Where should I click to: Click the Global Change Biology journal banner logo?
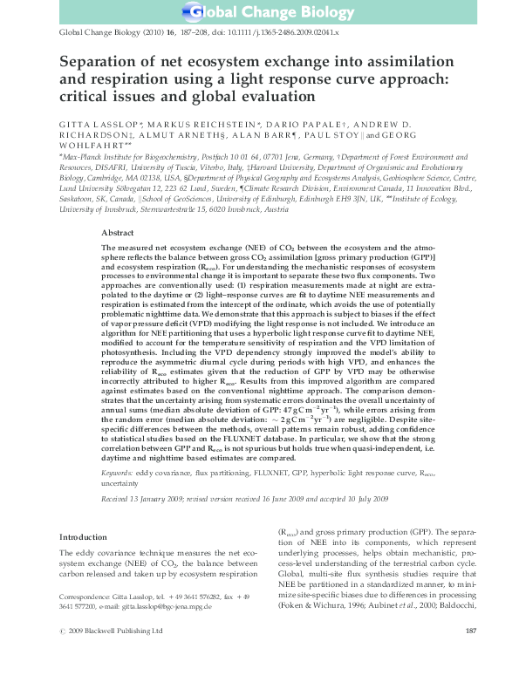(259, 13)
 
